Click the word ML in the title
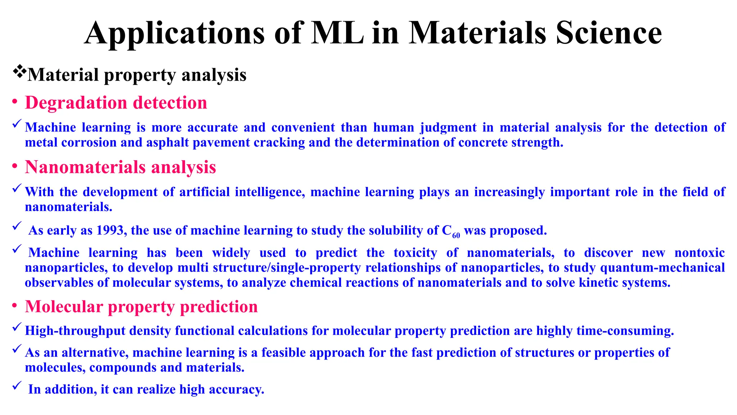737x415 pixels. tap(337, 33)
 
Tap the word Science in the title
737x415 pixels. tap(608, 33)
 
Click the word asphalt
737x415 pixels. tap(168, 143)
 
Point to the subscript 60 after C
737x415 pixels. tap(456, 236)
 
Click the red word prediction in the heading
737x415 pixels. tap(219, 307)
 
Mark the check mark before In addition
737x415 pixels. tap(17, 386)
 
